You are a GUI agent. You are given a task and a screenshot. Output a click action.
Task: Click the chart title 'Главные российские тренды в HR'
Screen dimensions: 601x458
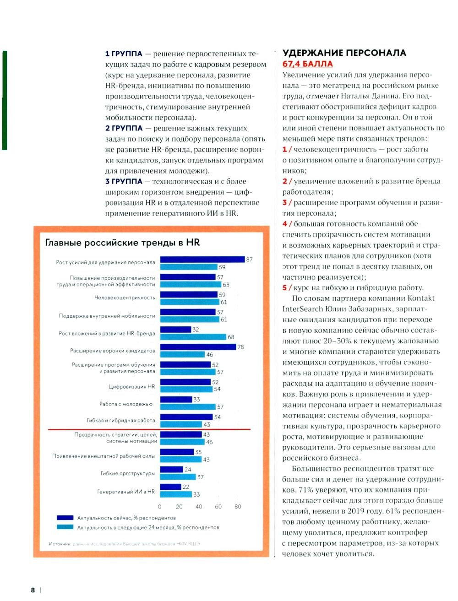coord(122,243)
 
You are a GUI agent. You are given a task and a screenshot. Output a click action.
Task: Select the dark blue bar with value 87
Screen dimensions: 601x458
coord(202,260)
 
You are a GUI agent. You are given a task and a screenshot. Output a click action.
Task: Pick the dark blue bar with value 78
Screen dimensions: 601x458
coord(198,347)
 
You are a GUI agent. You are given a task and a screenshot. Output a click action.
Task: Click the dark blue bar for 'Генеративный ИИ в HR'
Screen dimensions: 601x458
coord(170,487)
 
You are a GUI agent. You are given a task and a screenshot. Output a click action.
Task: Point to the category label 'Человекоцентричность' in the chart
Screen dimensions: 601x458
coord(125,298)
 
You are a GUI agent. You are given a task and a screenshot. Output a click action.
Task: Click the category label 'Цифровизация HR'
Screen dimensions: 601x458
coord(131,387)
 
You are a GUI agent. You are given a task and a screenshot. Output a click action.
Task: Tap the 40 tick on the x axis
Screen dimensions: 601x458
coord(199,507)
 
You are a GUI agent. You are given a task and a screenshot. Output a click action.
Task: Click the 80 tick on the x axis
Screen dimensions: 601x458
coord(238,507)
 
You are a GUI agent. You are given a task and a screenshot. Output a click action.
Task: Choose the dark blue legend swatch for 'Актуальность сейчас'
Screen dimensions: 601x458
coord(65,518)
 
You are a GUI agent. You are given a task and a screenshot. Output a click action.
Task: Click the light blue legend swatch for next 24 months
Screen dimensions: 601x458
coord(65,527)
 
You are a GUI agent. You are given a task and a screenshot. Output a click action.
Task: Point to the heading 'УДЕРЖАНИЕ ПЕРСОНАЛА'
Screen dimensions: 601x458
coord(344,53)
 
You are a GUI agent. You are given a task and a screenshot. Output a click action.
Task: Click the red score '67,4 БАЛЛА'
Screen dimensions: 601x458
coord(307,64)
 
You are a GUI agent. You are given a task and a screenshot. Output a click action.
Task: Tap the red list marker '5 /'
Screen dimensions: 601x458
coord(287,287)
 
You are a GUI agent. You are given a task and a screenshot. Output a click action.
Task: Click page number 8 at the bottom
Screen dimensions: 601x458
coord(33,590)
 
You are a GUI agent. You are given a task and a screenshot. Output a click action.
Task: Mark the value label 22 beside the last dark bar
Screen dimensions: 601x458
coord(186,487)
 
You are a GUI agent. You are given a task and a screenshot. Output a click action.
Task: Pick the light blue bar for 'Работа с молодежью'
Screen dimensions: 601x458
coord(188,407)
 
